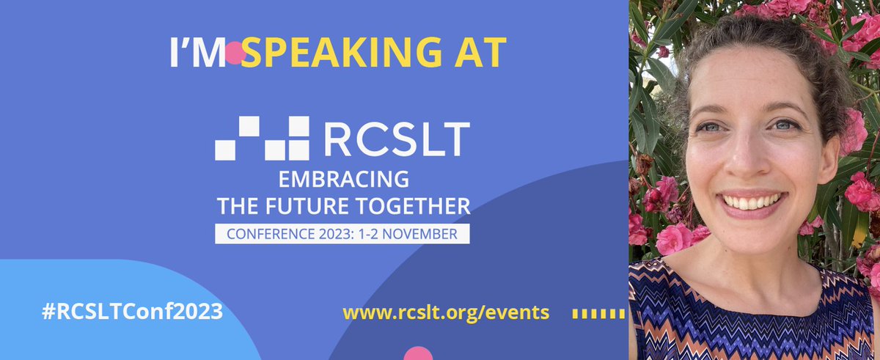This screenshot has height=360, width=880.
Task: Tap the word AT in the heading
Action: (x=480, y=52)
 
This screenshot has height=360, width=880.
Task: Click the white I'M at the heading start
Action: (x=195, y=52)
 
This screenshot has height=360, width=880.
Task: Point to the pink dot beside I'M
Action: (x=234, y=53)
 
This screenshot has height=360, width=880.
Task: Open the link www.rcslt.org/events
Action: (x=446, y=312)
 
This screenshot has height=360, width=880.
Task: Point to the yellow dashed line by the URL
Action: (x=598, y=313)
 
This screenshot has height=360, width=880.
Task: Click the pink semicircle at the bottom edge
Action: (x=419, y=353)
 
